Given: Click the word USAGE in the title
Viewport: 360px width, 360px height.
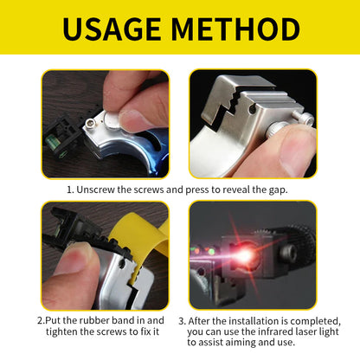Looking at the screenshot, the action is tap(112, 29).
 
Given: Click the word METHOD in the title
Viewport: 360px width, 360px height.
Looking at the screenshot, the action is tap(235, 29).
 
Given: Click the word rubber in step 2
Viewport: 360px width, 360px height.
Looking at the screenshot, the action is tap(94, 320).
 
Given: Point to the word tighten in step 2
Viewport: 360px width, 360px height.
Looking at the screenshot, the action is tap(61, 331).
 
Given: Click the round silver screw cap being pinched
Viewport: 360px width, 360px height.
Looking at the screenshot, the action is tap(112, 119).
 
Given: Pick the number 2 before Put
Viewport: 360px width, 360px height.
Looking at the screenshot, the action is tap(40, 320).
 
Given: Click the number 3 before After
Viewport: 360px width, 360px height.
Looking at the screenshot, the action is tap(182, 321).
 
